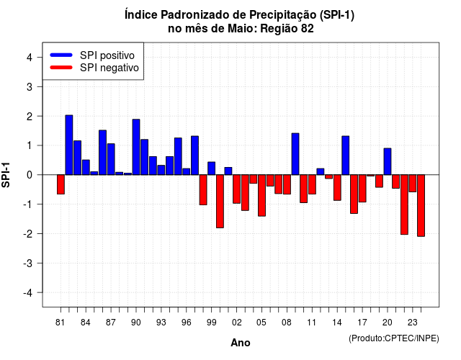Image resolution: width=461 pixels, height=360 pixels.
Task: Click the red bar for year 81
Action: coord(61,184)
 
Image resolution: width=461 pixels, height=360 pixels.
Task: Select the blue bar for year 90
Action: coord(136,147)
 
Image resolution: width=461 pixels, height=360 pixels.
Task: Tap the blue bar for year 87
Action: coord(111,159)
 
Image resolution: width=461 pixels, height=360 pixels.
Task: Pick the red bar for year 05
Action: coord(261,195)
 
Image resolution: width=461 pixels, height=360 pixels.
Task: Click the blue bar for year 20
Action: coord(388,161)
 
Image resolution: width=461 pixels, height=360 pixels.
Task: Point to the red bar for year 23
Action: coord(413,184)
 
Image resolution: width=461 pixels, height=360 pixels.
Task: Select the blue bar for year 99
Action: coord(211,168)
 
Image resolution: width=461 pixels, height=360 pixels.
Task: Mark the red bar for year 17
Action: coord(362,189)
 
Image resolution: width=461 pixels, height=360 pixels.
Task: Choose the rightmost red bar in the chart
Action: coord(421,205)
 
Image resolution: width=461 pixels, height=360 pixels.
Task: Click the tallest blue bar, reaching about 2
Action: coord(69,145)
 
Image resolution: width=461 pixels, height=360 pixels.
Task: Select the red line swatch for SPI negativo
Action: coord(61,68)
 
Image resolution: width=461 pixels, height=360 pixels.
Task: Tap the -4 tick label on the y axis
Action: coord(28,293)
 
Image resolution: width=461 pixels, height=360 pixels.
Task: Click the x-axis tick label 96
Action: coord(186,323)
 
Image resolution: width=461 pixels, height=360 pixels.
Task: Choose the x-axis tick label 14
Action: coord(337,323)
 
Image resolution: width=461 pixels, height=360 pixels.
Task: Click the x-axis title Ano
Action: coord(241,343)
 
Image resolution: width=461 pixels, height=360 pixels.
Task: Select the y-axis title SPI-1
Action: coord(6,175)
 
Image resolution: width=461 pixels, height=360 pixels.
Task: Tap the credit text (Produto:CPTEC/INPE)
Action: coord(394,338)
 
